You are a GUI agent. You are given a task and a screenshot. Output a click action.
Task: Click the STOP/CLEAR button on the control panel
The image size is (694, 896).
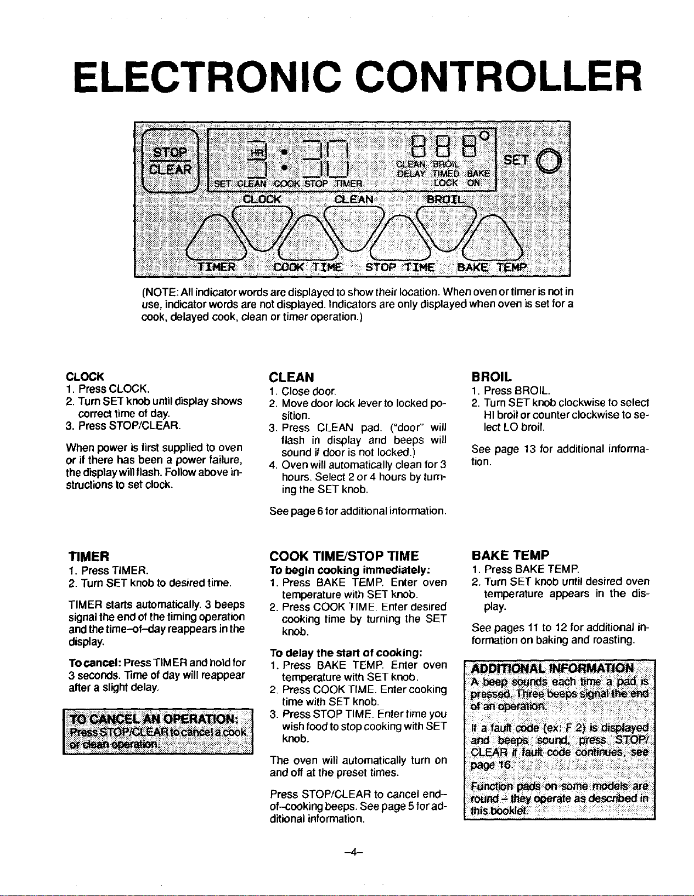(170, 161)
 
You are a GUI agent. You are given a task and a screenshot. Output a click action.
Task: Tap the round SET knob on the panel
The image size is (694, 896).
(549, 161)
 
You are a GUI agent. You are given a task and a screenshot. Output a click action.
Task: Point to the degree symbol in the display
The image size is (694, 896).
(484, 135)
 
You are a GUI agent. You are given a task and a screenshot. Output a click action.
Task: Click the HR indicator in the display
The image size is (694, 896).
(256, 152)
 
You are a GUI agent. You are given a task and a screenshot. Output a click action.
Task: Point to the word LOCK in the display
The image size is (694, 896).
(445, 182)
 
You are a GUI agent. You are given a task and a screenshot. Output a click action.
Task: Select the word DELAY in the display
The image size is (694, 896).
(411, 174)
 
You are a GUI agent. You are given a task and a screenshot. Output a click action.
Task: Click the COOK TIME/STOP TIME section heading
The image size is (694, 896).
(344, 556)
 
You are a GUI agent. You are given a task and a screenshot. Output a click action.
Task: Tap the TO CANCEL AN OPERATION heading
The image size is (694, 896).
(154, 719)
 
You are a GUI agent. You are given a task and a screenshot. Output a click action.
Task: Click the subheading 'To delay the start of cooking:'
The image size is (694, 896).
(346, 653)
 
